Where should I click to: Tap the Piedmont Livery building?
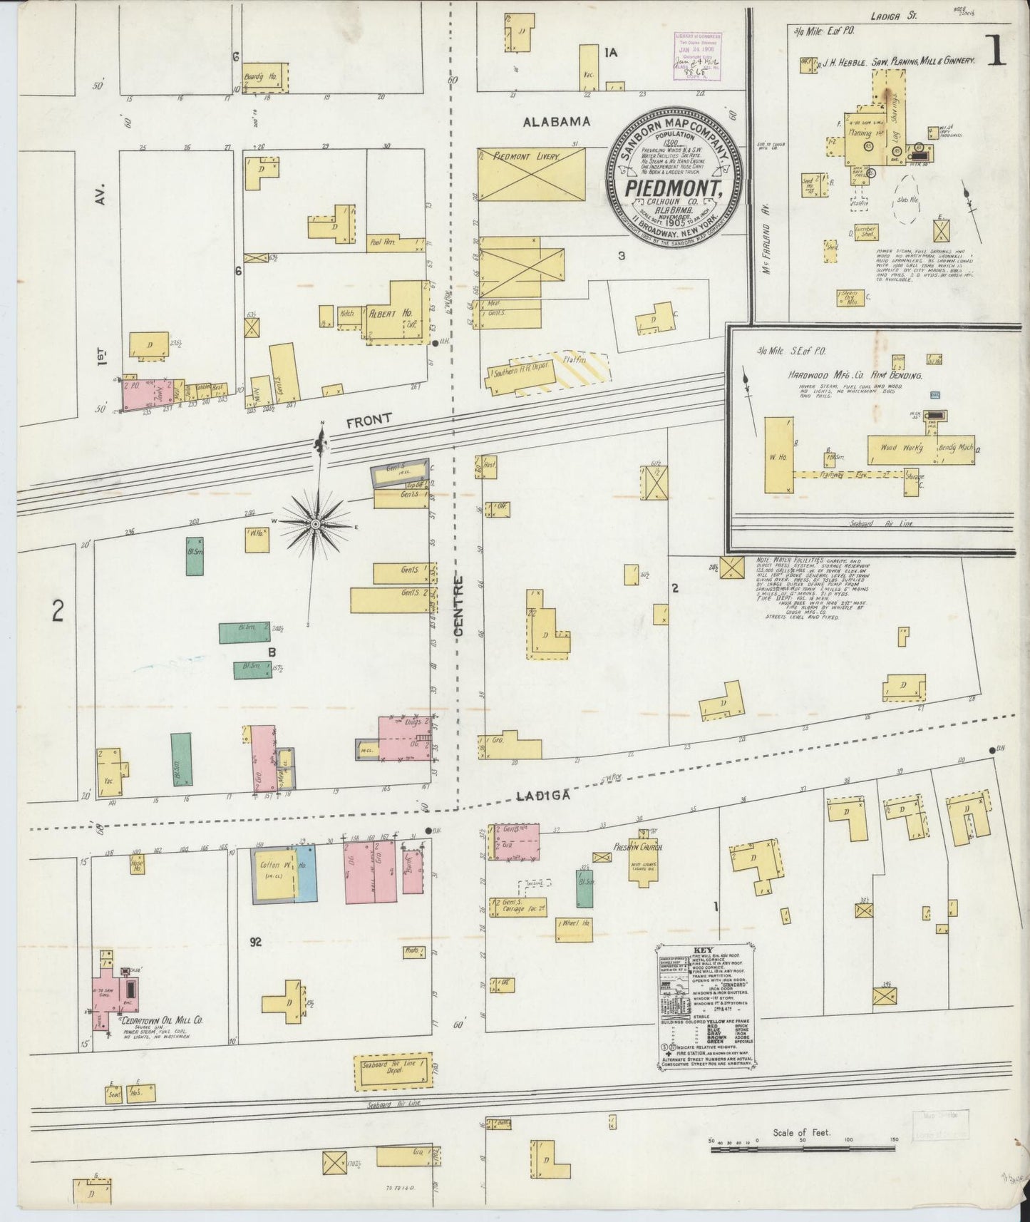coord(532,174)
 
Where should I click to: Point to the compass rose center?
coord(314,525)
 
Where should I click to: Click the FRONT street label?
coord(369,420)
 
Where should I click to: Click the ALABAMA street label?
coord(557,121)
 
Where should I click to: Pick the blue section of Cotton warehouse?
coord(306,874)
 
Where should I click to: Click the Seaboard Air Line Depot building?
coord(393,1071)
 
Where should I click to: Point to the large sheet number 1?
coord(997,51)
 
